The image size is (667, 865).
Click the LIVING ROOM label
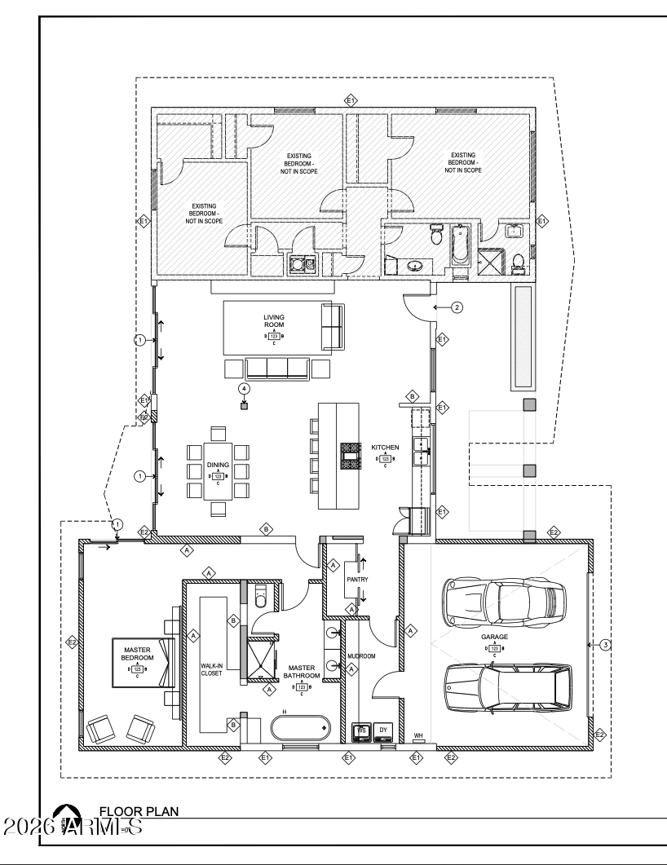point(272,320)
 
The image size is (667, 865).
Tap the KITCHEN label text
point(385,448)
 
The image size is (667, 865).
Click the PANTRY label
point(357,580)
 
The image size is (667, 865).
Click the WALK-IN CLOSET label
point(212,669)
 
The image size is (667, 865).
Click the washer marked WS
point(362,731)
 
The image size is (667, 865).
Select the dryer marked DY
point(383,731)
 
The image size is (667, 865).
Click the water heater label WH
point(418,735)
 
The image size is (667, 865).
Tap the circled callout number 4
point(243,388)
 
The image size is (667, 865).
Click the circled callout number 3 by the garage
point(604,645)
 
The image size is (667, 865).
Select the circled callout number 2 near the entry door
point(457,307)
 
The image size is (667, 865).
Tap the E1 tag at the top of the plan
point(351,100)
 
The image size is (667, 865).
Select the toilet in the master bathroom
point(261,598)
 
